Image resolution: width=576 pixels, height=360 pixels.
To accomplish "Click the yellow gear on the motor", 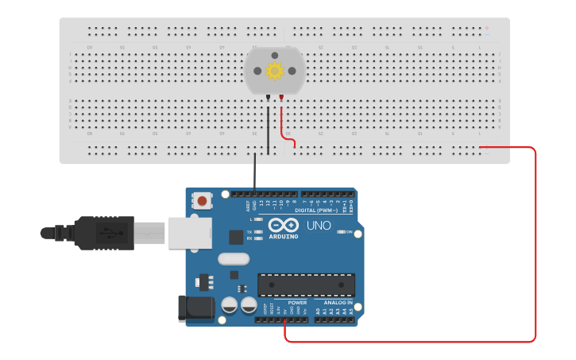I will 275,71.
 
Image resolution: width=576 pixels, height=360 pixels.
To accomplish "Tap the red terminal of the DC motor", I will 280,98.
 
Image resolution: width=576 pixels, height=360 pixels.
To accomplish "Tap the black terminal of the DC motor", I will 269,98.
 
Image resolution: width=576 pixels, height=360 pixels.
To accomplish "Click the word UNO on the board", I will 319,226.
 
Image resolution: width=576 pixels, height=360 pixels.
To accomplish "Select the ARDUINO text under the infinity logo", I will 284,236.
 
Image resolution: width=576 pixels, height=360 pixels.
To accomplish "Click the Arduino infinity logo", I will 284,224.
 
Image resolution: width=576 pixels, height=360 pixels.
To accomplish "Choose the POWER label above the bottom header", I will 297,303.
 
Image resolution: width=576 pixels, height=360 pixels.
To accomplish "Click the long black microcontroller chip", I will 306,285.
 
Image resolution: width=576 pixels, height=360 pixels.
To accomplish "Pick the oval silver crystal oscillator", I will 233,259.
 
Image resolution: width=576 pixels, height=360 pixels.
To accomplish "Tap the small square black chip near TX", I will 236,237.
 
